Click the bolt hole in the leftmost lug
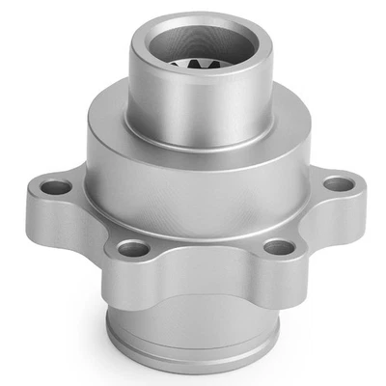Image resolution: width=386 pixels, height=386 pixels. pyautogui.click(x=57, y=187)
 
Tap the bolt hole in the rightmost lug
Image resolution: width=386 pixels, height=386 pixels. pyautogui.click(x=337, y=183)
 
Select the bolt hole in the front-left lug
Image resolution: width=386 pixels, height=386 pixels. pyautogui.click(x=133, y=249)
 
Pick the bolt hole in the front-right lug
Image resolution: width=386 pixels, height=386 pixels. pyautogui.click(x=278, y=247)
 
